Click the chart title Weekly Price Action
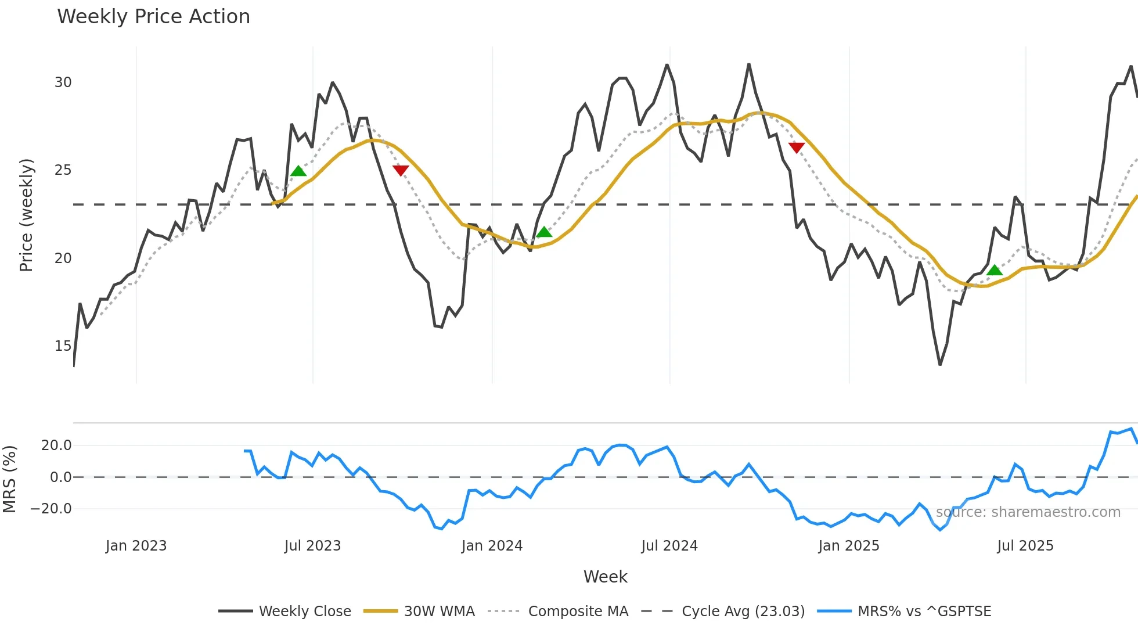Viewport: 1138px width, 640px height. point(153,17)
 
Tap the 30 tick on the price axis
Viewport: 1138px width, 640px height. point(63,82)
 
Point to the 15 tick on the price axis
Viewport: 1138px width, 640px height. point(63,346)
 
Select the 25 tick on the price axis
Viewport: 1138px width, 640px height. point(63,170)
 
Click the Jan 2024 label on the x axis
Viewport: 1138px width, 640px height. point(492,546)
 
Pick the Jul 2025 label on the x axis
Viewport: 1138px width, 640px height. point(1025,546)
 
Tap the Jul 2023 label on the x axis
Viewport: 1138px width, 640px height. point(312,546)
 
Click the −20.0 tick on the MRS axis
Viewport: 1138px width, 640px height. point(51,509)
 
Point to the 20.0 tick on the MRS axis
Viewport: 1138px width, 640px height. point(56,445)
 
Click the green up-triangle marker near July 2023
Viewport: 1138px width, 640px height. point(298,171)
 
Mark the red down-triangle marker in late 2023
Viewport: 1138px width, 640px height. point(401,170)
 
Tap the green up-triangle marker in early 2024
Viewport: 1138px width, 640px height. point(544,232)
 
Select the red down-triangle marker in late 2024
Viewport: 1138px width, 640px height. point(797,148)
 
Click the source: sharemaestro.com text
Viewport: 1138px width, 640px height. point(1028,512)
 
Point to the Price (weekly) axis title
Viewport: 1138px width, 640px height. point(27,215)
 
